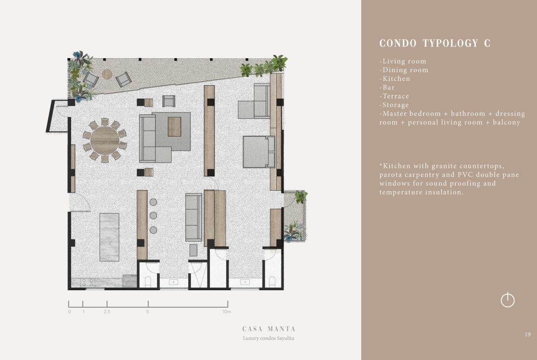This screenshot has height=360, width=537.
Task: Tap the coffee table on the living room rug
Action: coord(174,126)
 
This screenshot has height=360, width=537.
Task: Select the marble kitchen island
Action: coord(109,237)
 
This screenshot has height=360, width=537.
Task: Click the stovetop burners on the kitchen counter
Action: coord(88,282)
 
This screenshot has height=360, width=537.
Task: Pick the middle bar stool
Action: coord(153,216)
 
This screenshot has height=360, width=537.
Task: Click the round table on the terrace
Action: coord(107,74)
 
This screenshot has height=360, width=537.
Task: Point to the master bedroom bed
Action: coord(259,152)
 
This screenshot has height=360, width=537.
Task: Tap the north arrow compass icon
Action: coord(508,300)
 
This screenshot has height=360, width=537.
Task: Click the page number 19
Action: coord(527,334)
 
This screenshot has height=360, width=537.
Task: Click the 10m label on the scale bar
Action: coord(227,312)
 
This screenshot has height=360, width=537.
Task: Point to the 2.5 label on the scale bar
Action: coord(107,312)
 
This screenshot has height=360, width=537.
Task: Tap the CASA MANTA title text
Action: coord(269,329)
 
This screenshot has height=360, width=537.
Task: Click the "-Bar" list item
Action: coord(387,87)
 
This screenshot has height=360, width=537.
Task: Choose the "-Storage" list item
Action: coord(394,105)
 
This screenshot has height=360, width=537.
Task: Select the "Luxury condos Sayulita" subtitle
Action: coord(268,338)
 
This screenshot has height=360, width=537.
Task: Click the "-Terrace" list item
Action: coord(394,96)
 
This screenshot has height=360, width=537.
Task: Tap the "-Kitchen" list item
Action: coord(395,79)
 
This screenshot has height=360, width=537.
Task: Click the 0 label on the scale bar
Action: coord(69,312)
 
